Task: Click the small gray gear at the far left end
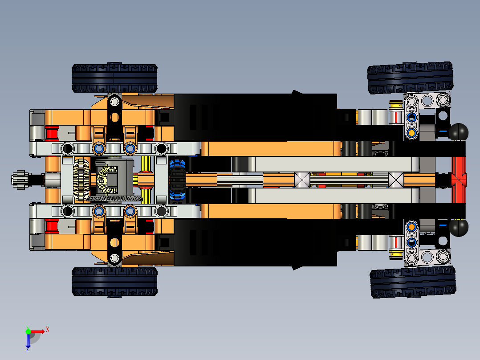18,180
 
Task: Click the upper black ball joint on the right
459,132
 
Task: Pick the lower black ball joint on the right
459,227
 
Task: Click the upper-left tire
114,78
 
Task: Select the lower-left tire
114,282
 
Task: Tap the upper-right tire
411,78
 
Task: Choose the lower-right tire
413,282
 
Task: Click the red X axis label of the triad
47,329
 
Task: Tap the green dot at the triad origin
28,331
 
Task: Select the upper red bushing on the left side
52,133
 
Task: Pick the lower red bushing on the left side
52,226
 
